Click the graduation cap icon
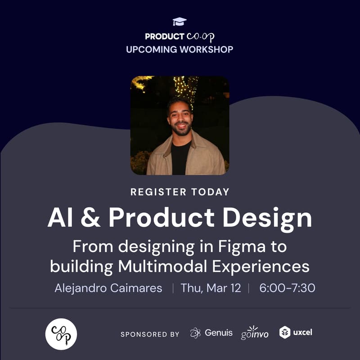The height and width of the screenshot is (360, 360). coord(180,22)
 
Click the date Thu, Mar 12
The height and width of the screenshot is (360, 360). coord(211,288)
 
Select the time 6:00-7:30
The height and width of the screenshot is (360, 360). coord(287,288)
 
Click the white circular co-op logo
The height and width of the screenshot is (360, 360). coord(61,334)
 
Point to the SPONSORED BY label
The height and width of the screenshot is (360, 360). coord(150,334)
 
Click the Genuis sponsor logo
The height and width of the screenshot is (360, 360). coord(211,333)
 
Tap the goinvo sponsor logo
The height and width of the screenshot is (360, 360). coord(255,333)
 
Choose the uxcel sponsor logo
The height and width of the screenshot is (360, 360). coord(296,333)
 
